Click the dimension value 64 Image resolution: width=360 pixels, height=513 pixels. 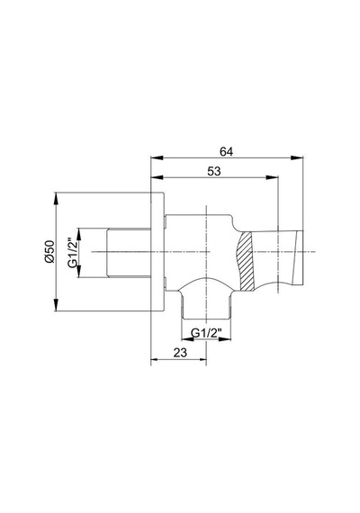pyautogui.click(x=227, y=152)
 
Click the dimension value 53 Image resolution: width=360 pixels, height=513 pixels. pyautogui.click(x=214, y=171)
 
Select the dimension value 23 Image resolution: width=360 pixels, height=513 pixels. pyautogui.click(x=180, y=353)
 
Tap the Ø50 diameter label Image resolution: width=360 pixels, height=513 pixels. pyautogui.click(x=49, y=252)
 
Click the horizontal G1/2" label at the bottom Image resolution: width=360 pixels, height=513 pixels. pyautogui.click(x=206, y=333)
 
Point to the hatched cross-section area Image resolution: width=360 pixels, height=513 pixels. pyautogui.click(x=245, y=261)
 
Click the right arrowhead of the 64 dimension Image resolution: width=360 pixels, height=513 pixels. pyautogui.click(x=297, y=158)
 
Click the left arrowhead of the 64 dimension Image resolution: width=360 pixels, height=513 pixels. pyautogui.click(x=157, y=158)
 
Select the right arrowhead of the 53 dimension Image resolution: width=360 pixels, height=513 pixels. pyautogui.click(x=272, y=177)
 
